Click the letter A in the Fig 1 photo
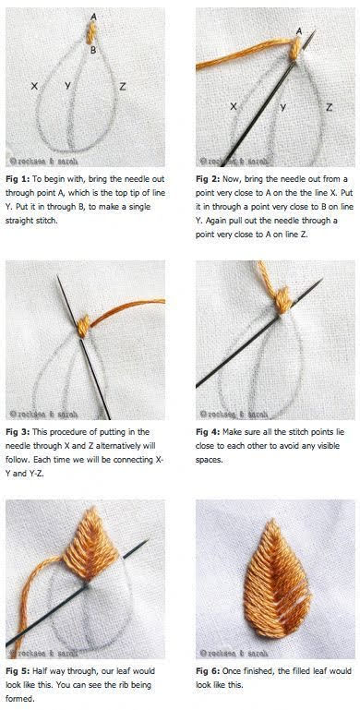click(94, 17)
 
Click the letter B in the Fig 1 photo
click(93, 50)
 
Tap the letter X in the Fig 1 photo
click(34, 86)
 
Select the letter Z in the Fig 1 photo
click(122, 86)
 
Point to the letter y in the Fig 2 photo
click(283, 107)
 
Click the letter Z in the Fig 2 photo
click(330, 107)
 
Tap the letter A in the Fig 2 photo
click(299, 31)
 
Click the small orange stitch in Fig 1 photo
click(91, 33)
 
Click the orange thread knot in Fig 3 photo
click(83, 326)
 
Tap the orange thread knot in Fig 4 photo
click(283, 301)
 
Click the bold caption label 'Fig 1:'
click(16, 179)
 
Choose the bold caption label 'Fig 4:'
click(206, 432)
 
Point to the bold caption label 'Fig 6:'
click(206, 670)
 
